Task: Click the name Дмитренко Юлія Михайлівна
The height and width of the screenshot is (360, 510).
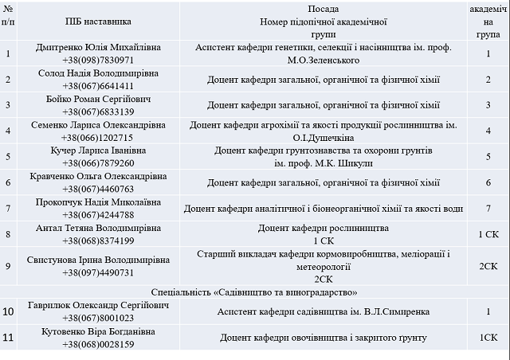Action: [98, 48]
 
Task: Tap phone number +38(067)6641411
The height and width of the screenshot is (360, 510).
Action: [98, 86]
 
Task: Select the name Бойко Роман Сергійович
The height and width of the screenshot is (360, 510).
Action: [98, 99]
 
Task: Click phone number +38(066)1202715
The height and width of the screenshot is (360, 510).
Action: [98, 137]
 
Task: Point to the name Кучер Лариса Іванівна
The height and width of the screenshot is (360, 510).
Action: [98, 150]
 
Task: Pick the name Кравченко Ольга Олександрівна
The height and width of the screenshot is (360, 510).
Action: [98, 176]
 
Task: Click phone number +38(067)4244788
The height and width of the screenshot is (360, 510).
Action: [98, 214]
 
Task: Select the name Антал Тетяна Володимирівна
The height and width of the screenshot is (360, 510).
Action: [98, 228]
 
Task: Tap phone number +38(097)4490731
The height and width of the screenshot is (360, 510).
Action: [98, 272]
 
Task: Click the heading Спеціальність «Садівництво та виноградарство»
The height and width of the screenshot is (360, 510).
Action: [255, 292]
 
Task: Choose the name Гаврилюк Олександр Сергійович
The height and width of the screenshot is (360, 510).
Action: [98, 306]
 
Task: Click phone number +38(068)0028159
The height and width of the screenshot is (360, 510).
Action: [98, 344]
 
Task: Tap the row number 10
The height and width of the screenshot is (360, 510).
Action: [8, 311]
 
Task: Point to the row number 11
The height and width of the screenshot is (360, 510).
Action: [8, 338]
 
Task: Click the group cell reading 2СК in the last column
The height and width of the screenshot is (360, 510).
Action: [488, 266]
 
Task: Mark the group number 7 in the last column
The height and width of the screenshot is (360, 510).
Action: [488, 209]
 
